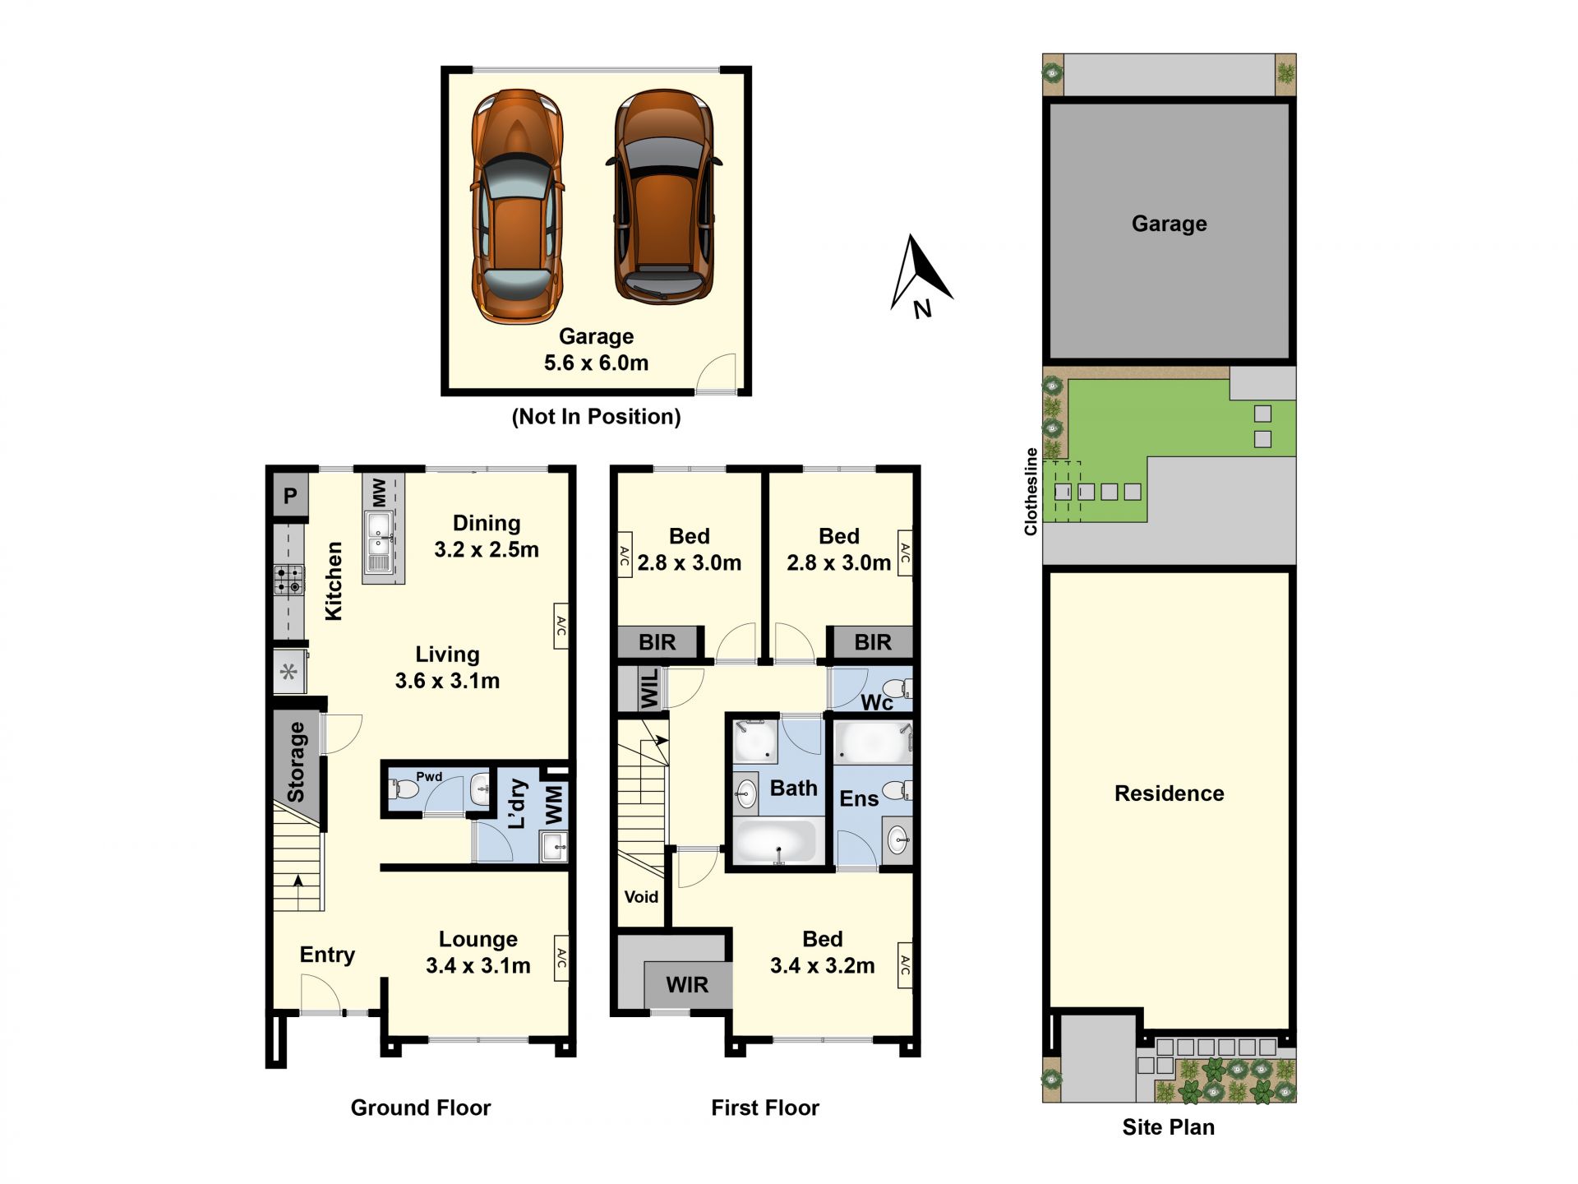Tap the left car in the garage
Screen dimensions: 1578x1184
point(517,206)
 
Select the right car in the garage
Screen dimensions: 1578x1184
point(664,197)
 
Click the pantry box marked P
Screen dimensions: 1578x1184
point(290,496)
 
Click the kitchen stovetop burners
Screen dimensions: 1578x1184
point(288,579)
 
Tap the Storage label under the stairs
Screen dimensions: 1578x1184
point(296,762)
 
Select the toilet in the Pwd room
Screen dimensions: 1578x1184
point(405,789)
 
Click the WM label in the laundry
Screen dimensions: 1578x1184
point(555,805)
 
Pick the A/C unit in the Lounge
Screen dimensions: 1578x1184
point(561,958)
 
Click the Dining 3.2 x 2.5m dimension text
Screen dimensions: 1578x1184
point(487,536)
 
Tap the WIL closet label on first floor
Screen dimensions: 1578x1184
point(649,688)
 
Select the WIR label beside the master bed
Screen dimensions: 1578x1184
point(687,984)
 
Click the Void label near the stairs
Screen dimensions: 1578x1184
point(641,897)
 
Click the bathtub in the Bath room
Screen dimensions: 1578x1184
point(775,841)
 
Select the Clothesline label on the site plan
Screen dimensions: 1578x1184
point(1031,492)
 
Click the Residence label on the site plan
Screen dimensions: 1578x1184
point(1169,793)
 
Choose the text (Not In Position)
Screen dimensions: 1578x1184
point(596,417)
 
